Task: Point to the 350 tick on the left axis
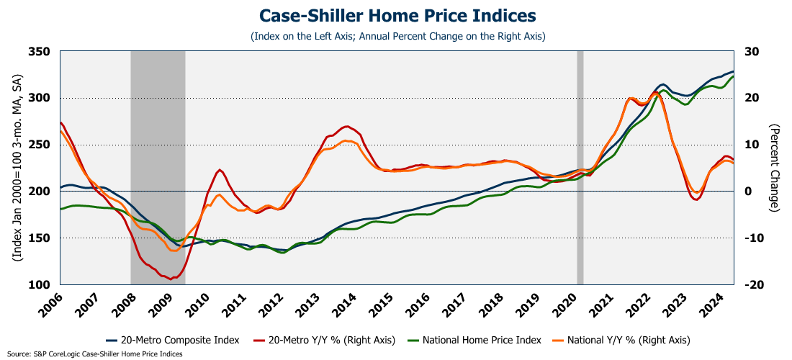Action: click(42, 52)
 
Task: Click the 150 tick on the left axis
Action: click(42, 238)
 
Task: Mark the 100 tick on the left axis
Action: click(42, 285)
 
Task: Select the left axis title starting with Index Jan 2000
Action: click(16, 168)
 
